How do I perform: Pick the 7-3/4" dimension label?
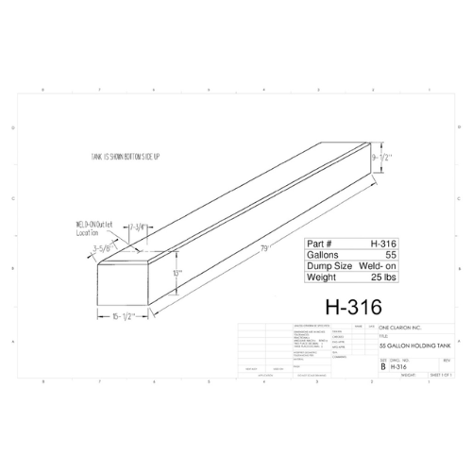134,228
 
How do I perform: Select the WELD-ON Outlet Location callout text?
93,227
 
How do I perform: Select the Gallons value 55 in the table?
388,255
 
